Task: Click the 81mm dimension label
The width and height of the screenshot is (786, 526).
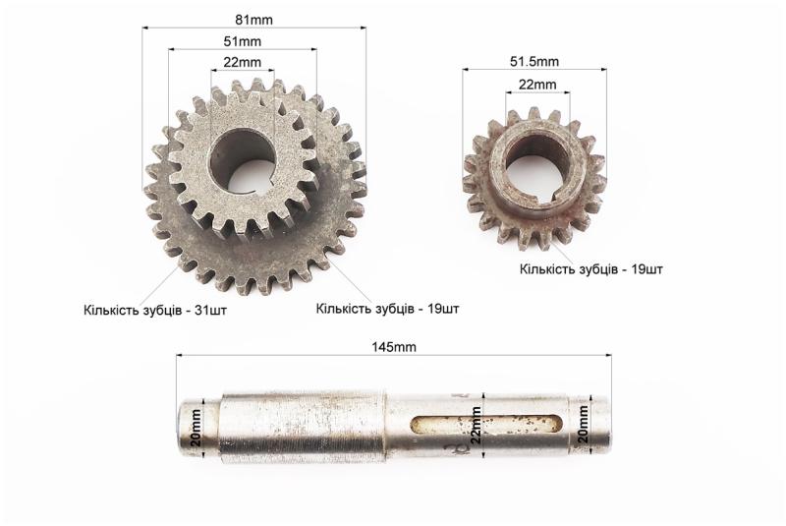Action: coord(253,20)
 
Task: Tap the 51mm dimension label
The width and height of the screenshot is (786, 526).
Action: coord(242,41)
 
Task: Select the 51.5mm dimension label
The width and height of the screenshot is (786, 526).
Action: coord(534,62)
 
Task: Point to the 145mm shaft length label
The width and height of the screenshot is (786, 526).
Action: coord(394,346)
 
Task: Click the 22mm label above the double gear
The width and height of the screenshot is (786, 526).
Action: coord(242,62)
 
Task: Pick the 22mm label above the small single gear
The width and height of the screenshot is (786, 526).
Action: coord(537,85)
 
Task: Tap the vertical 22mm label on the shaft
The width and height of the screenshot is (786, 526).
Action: coord(476,425)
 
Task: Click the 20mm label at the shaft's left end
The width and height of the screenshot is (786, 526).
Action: coord(196,428)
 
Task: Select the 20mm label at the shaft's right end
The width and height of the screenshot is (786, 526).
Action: coord(583,424)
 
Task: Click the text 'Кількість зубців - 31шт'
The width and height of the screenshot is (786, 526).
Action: coord(155,310)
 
